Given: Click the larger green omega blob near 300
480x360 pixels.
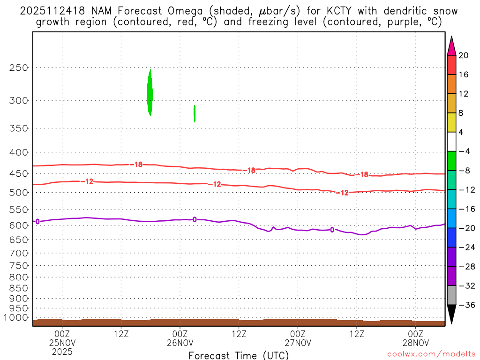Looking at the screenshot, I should pos(150,93).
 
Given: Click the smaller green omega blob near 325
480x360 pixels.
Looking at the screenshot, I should pos(195,113).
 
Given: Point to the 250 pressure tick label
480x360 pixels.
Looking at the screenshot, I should pos(19,67).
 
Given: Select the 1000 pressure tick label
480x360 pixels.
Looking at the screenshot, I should pos(16,317).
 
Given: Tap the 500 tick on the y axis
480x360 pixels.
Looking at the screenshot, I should pos(19,192).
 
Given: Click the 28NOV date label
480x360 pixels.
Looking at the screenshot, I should pos(415,342).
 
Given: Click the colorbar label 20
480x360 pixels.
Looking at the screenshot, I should pos(464,55).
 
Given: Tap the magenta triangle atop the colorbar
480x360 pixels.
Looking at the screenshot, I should pos(451,45).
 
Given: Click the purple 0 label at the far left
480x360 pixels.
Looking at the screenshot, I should pos(37,221).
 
